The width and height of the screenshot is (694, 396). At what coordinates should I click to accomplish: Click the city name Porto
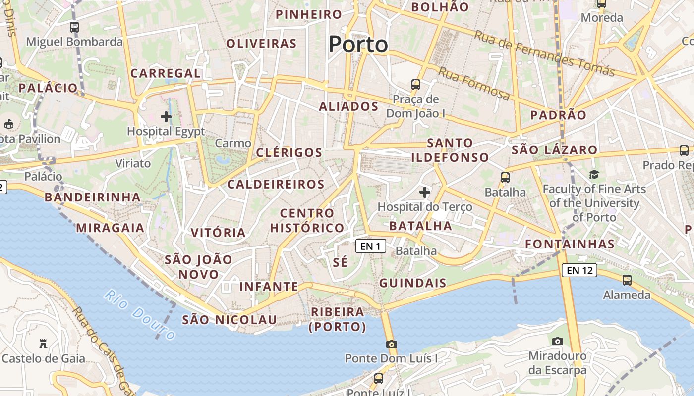point(358,45)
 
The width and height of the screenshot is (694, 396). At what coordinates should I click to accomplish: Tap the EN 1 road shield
point(370,246)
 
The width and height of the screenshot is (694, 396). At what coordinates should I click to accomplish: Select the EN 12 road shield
point(579,270)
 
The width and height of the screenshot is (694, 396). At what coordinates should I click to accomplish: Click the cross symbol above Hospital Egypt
point(166,117)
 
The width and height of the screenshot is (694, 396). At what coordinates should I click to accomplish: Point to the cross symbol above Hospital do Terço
point(425,192)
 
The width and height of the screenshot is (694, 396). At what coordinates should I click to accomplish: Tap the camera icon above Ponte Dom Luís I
point(391,344)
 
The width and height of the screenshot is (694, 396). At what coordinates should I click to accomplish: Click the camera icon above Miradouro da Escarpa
point(558,341)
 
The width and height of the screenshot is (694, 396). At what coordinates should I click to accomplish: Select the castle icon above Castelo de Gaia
point(43,344)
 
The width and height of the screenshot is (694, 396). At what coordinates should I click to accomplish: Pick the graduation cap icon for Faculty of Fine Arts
point(594,174)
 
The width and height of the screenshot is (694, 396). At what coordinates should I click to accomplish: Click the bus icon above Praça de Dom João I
point(416,85)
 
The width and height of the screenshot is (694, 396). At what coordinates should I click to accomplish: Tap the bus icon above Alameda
point(627,280)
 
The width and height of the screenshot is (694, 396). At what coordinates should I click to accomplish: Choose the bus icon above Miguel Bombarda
point(74,27)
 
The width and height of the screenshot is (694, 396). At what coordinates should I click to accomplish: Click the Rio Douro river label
point(140,315)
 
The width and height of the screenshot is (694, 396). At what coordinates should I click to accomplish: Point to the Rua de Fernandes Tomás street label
point(544,53)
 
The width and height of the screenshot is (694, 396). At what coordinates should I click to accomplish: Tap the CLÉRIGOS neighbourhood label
point(289,152)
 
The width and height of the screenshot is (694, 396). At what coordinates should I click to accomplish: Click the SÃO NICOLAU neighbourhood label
point(229,320)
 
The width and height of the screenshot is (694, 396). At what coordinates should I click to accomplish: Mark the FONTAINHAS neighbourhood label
point(570,244)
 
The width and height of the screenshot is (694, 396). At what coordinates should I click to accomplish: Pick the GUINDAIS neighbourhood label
point(412,283)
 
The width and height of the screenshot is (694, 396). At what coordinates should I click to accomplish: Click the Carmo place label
point(233,143)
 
